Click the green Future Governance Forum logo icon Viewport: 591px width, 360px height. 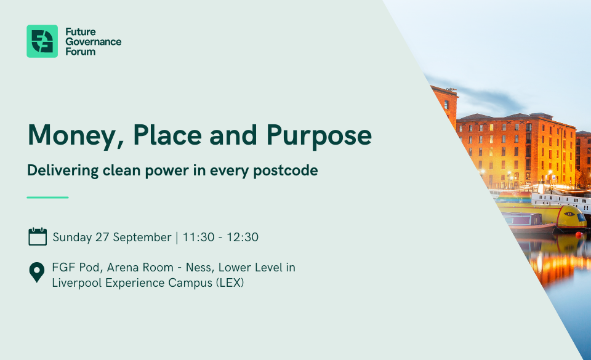pos(42,41)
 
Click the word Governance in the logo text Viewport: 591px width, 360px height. pos(94,41)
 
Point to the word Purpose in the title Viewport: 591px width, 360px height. pos(319,137)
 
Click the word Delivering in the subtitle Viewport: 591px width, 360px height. pos(63,171)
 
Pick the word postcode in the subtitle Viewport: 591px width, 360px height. pos(285,171)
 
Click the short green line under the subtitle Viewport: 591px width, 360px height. pos(47,198)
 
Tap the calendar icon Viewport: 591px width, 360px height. pos(38,236)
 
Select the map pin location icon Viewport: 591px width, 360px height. pos(37,272)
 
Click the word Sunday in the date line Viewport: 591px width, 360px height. pos(72,238)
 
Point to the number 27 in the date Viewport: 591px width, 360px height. pos(102,238)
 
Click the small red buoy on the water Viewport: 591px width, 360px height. pos(579,234)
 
